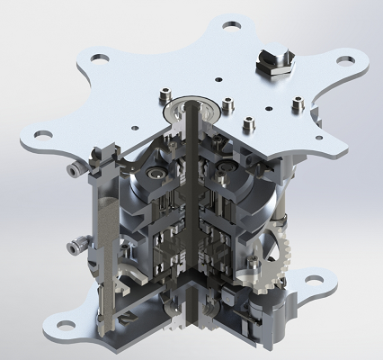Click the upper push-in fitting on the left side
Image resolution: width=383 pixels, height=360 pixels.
click(72, 168)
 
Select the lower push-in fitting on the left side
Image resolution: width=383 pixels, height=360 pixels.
click(74, 242)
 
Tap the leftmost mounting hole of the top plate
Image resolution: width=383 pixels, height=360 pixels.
click(35, 134)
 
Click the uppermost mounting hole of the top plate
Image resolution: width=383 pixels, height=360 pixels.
click(231, 28)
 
